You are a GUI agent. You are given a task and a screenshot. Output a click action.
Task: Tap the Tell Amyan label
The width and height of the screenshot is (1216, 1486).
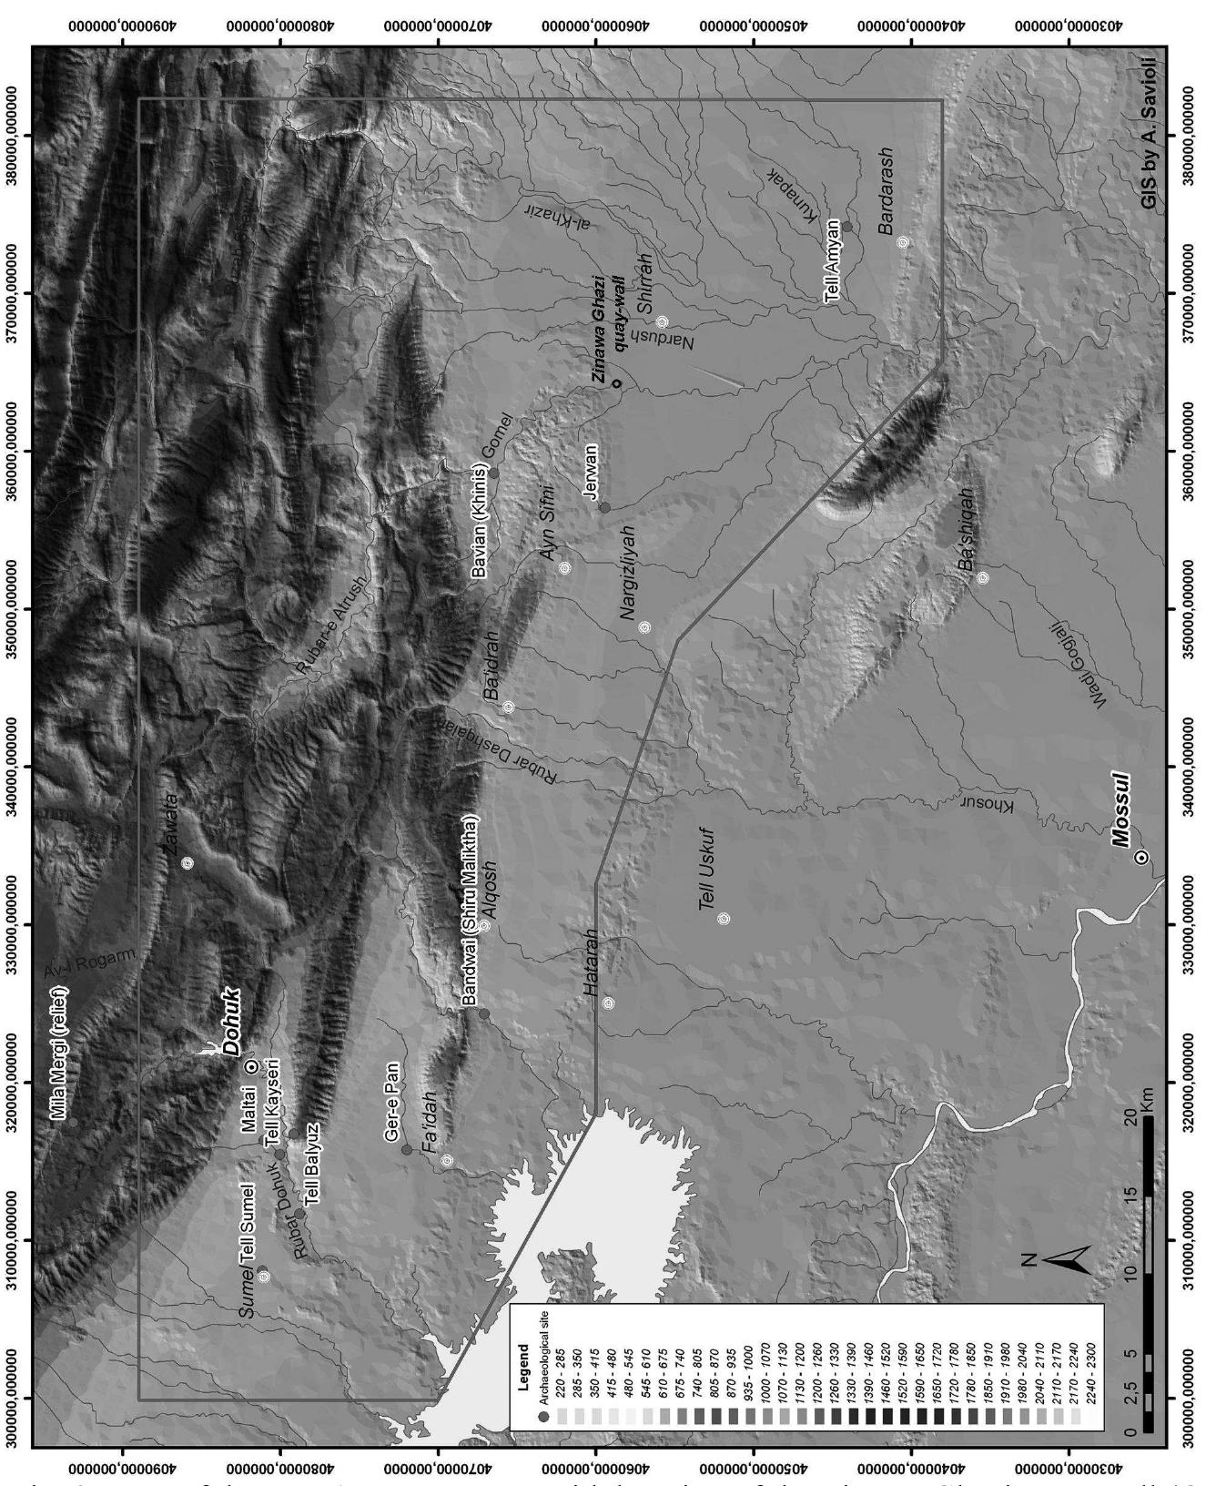point(832,260)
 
